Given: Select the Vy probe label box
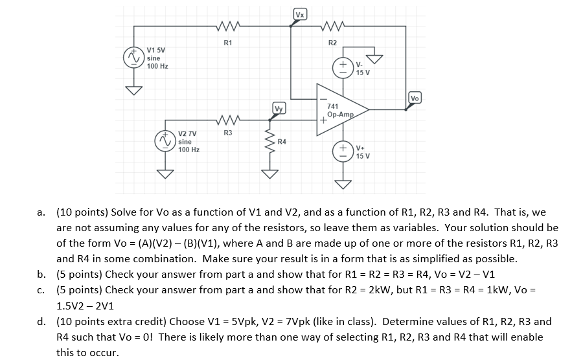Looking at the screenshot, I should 279,109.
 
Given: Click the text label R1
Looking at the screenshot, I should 227,43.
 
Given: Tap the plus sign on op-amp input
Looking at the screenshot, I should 322,120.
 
